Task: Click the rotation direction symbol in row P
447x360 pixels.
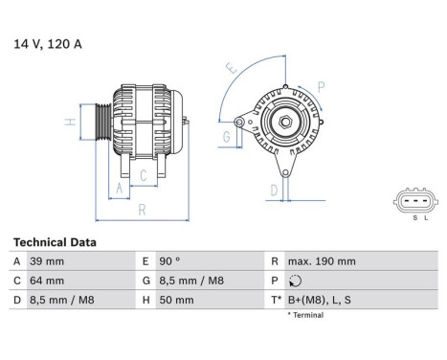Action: point(293,281)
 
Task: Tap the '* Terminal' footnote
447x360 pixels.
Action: point(305,315)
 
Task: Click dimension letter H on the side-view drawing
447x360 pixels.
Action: point(70,122)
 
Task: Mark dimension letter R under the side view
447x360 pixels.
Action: point(141,209)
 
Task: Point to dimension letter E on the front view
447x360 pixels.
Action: point(230,69)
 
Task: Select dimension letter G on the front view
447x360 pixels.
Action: point(226,138)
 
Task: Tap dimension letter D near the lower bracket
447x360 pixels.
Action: point(274,191)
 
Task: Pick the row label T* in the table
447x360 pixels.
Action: point(277,300)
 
